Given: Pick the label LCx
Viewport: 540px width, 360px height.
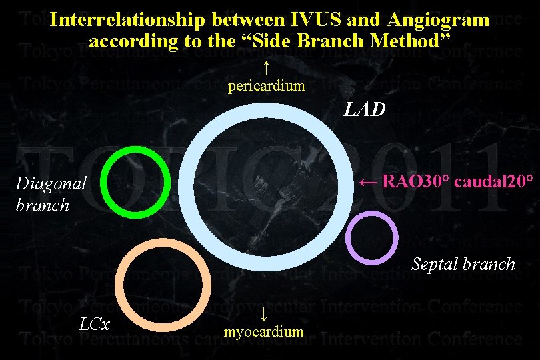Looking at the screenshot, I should tap(95, 325).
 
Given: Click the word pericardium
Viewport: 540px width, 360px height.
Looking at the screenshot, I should tap(267, 85).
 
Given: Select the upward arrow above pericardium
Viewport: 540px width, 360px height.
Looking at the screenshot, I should tap(266, 67).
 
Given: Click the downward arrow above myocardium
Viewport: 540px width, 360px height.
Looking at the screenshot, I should tap(265, 313).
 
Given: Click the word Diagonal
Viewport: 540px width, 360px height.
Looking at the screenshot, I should tap(51, 184).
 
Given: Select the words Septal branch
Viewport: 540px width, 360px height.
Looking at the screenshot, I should tap(463, 264).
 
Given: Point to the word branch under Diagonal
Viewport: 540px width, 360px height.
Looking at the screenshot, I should tap(42, 205).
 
